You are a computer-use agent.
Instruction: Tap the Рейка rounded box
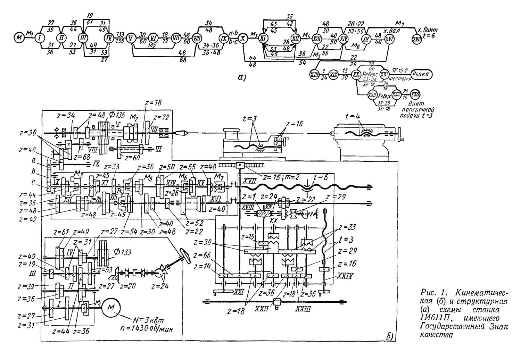click(x=422, y=74)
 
